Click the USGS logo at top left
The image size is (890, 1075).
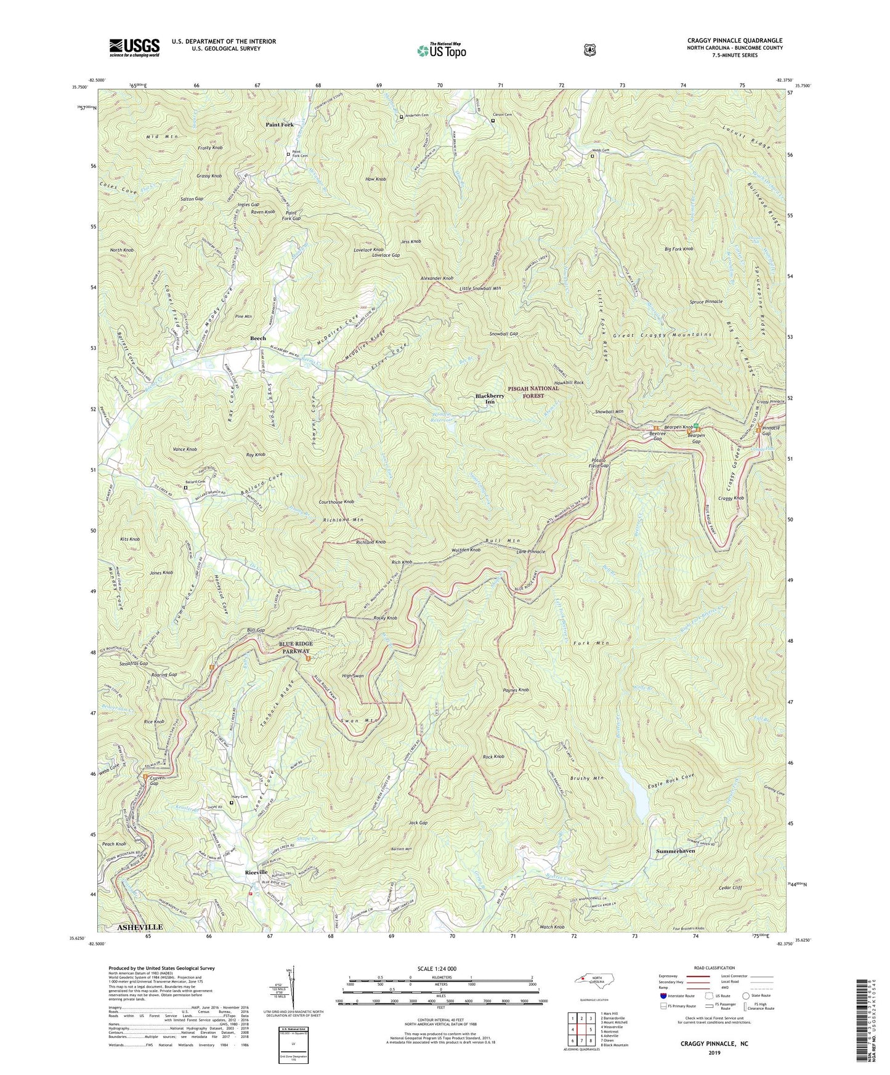tap(134, 47)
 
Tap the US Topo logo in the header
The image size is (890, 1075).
tap(440, 50)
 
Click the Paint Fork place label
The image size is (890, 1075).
tap(280, 124)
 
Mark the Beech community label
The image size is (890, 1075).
tap(258, 339)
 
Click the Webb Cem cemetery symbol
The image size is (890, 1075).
tap(593, 156)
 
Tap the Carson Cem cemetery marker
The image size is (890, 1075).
tap(493, 121)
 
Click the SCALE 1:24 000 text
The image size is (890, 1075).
tap(440, 969)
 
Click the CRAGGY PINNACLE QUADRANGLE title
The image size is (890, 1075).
tap(735, 41)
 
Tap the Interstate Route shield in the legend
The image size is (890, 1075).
tap(663, 996)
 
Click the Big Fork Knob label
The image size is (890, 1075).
tap(679, 249)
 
